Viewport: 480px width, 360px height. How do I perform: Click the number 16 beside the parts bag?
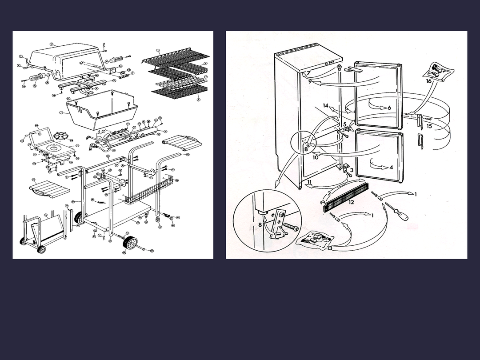428,81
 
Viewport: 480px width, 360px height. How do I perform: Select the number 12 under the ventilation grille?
351,202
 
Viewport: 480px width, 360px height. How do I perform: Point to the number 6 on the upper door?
389,108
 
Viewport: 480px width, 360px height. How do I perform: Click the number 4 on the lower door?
391,168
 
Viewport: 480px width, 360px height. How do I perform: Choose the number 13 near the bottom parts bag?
330,248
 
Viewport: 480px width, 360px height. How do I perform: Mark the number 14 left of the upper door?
326,106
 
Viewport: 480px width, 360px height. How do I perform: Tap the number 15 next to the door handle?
429,126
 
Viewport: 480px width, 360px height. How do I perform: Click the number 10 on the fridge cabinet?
315,157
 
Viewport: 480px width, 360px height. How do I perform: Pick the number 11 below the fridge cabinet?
309,183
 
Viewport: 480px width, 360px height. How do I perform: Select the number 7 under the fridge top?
308,73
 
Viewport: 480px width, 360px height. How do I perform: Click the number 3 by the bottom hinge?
352,170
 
